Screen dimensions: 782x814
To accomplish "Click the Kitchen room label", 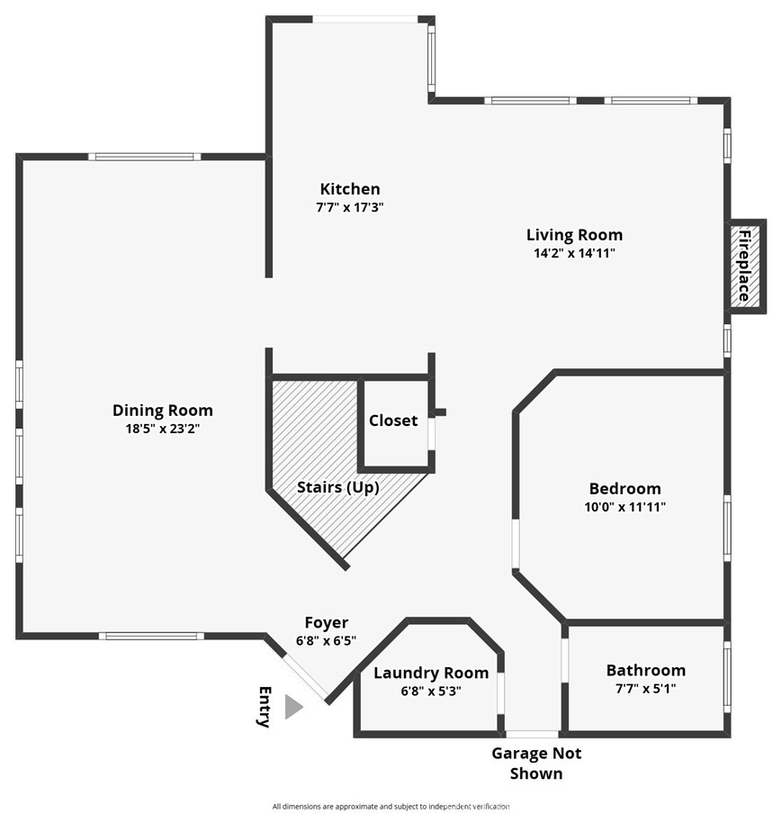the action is point(350,188).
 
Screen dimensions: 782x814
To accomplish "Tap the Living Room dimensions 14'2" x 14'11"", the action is point(574,253).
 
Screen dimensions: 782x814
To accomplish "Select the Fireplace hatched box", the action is point(745,267).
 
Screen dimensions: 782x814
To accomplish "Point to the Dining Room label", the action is point(162,410).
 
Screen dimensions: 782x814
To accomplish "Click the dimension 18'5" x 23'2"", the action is point(162,429).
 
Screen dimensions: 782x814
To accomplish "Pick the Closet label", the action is point(393,420).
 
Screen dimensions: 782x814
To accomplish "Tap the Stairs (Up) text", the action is point(337,487).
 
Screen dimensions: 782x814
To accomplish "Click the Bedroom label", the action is point(625,489).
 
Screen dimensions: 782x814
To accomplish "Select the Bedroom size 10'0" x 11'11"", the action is point(625,507).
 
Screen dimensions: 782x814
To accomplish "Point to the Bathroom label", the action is point(646,670).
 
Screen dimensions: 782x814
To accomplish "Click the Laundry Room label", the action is point(431,673).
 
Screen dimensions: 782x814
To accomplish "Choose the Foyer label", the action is point(327,622).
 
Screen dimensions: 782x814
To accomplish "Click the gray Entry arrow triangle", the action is point(293,707).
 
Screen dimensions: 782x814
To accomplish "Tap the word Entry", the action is point(265,707).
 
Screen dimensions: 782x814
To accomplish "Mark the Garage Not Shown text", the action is point(536,764).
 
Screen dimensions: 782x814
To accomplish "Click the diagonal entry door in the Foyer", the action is point(306,677).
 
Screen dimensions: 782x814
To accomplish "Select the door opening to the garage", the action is point(533,734).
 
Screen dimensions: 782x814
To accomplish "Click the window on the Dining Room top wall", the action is point(144,157).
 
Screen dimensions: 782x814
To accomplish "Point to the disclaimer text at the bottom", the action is point(391,806).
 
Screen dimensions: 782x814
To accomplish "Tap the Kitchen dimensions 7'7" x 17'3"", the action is point(350,207).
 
